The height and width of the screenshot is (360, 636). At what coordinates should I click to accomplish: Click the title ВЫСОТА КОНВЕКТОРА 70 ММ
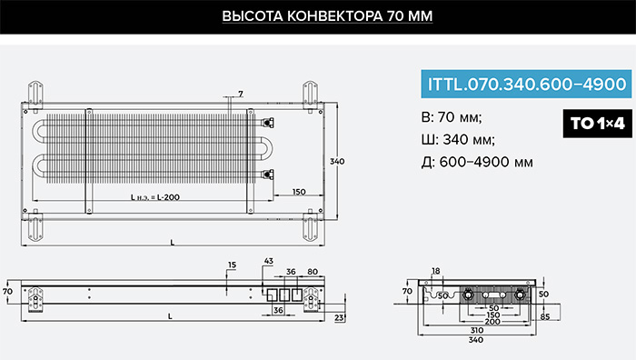[327, 16]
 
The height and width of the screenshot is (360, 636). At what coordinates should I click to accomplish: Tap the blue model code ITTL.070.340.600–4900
[526, 84]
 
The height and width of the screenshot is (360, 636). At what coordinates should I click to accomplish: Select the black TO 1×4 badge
[598, 124]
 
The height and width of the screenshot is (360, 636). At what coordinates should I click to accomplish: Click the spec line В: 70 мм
[452, 117]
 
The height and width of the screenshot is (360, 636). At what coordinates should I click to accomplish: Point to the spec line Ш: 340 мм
[458, 140]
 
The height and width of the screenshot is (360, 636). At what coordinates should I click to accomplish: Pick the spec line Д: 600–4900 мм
[477, 162]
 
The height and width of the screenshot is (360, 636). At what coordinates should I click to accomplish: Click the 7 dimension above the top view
[241, 94]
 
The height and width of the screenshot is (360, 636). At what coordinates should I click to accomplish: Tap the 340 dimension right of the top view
[337, 161]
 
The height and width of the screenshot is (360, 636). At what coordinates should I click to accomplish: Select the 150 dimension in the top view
[299, 192]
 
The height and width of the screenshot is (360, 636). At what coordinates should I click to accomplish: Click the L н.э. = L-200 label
[155, 197]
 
